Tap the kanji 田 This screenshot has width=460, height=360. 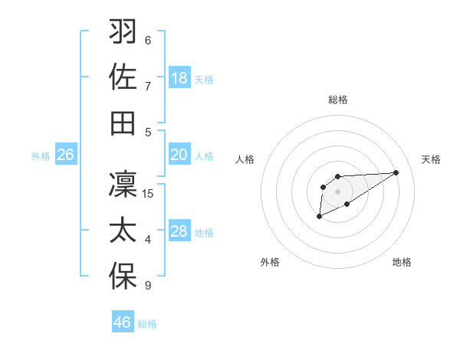pyautogui.click(x=123, y=123)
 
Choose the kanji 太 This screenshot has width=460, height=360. pyautogui.click(x=123, y=231)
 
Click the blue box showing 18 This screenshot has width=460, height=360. pyautogui.click(x=179, y=78)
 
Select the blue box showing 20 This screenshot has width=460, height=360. pyautogui.click(x=179, y=155)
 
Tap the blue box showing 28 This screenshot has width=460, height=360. pyautogui.click(x=179, y=231)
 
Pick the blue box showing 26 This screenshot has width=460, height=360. pyautogui.click(x=65, y=155)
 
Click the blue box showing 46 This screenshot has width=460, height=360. pyautogui.click(x=123, y=322)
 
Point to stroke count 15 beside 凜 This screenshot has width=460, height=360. pyautogui.click(x=148, y=194)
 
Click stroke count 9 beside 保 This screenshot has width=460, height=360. pyautogui.click(x=148, y=286)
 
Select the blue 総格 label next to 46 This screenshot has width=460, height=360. pyautogui.click(x=147, y=324)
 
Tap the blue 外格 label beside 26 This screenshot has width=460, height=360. pyautogui.click(x=41, y=156)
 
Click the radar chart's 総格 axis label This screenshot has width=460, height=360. pyautogui.click(x=338, y=100)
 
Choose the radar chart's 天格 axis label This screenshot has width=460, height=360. pyautogui.click(x=432, y=159)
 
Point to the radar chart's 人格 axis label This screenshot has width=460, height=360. pyautogui.click(x=245, y=159)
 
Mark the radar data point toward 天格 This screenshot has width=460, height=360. pyautogui.click(x=396, y=172)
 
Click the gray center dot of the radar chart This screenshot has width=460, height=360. pyautogui.click(x=337, y=191)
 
